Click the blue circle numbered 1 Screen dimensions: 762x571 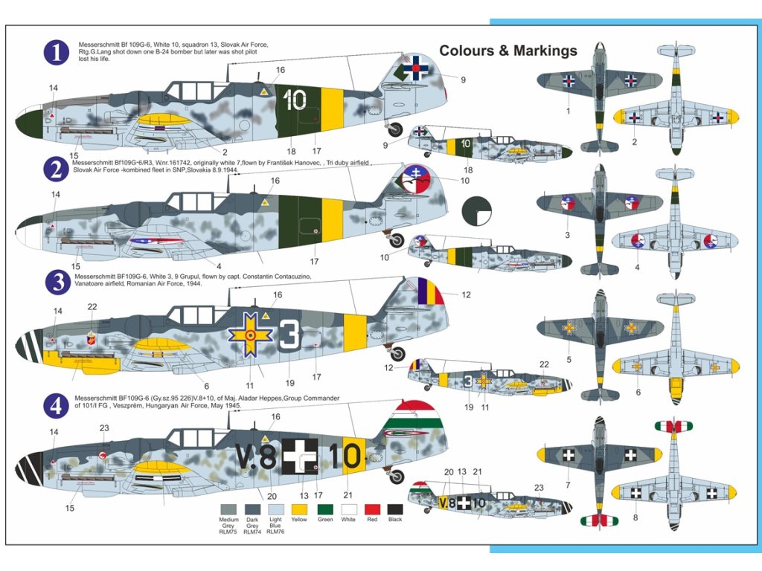57,53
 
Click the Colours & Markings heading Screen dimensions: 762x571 508,51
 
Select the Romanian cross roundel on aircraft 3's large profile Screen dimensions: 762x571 251,336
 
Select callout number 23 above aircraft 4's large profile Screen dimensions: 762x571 104,428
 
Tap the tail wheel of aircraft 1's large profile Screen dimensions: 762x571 398,128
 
